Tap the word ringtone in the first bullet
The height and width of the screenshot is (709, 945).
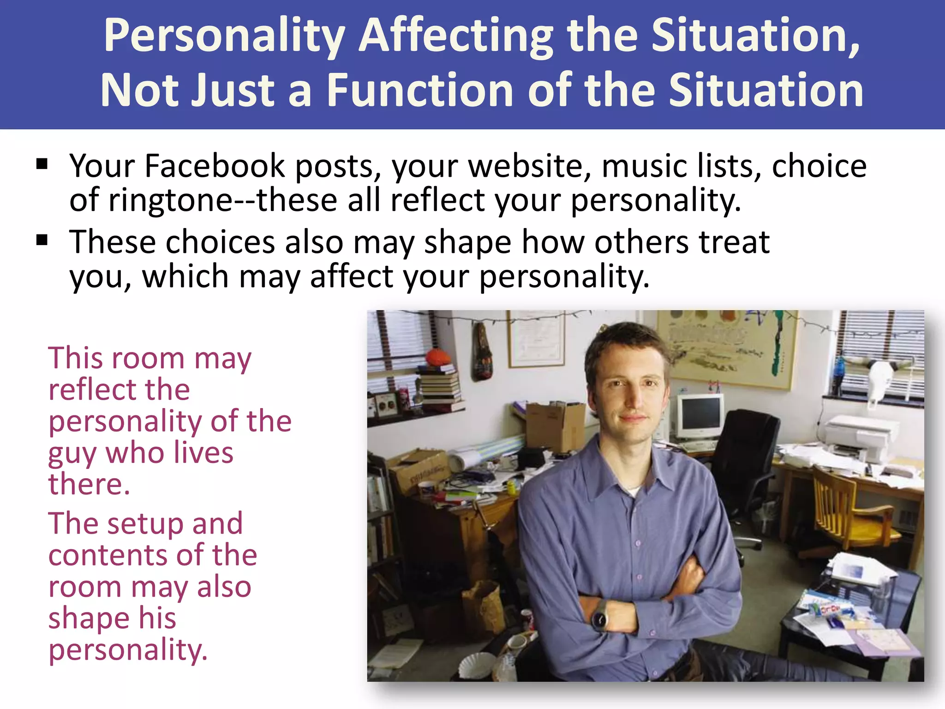coord(171,200)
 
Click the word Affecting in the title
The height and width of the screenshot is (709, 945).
coord(456,36)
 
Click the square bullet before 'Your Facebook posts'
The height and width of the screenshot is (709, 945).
coord(42,164)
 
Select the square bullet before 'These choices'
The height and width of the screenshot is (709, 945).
coord(42,240)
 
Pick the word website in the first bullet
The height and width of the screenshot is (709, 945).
coord(530,166)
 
